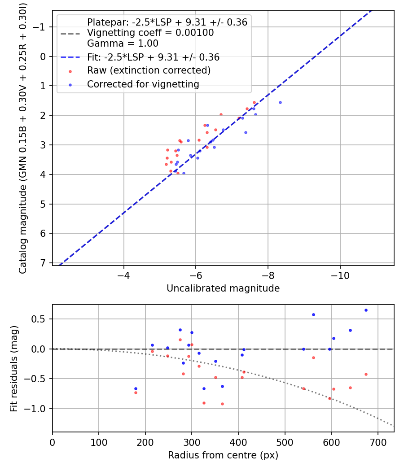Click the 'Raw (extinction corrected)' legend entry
[x=149, y=70]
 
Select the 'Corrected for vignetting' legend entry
[x=143, y=84]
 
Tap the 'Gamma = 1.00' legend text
[x=123, y=44]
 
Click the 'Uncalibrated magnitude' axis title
[x=223, y=288]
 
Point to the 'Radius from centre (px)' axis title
[x=223, y=455]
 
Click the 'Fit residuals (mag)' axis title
[x=14, y=368]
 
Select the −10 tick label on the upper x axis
[x=340, y=275]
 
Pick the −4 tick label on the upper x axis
[x=124, y=275]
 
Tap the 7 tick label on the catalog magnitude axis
[x=44, y=263]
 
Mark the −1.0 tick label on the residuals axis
[x=38, y=409]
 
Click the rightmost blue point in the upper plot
[x=280, y=102]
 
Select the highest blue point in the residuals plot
[x=366, y=310]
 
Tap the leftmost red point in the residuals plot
[x=136, y=392]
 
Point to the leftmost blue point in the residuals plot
[x=136, y=388]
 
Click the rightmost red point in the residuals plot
[x=366, y=374]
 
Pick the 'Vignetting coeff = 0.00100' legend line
[x=150, y=33]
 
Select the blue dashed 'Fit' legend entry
[x=153, y=57]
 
